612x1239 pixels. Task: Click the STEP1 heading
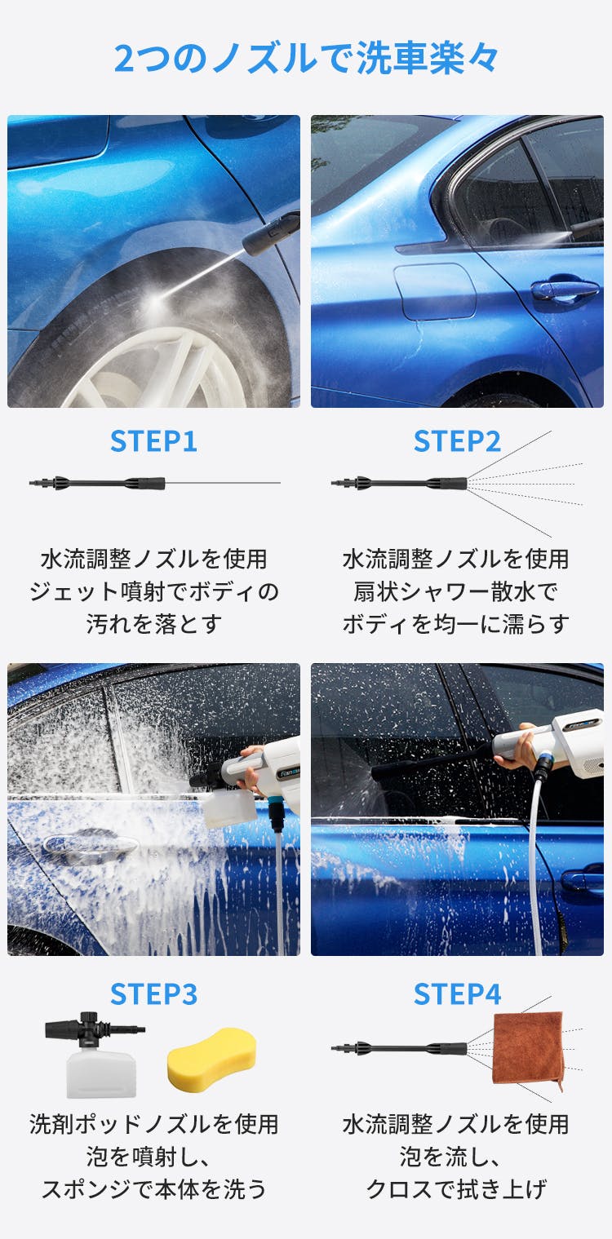click(153, 441)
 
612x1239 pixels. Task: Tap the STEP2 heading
click(457, 441)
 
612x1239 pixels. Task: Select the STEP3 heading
click(153, 994)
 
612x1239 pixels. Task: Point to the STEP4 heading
click(457, 994)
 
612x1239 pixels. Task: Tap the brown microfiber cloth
click(528, 1049)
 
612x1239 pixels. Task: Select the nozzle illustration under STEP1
click(97, 484)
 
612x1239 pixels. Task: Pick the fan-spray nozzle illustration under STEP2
click(399, 484)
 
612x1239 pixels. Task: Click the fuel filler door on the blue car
click(434, 291)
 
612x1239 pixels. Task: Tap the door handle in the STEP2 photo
click(565, 290)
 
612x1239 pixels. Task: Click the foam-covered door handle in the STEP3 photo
click(90, 844)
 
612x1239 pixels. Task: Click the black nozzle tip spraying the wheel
click(271, 234)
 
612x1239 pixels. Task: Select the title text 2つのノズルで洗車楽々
click(306, 58)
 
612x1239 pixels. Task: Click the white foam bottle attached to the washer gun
click(228, 808)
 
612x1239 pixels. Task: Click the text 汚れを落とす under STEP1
click(154, 624)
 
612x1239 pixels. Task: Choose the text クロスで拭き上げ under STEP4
click(456, 1188)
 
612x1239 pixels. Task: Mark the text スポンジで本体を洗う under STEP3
click(154, 1188)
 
